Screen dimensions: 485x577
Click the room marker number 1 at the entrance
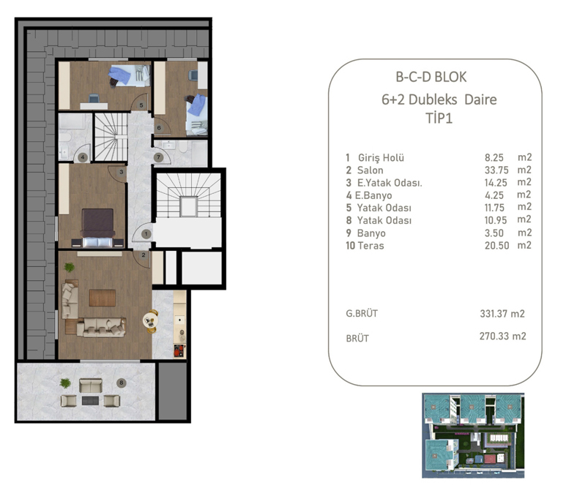146,233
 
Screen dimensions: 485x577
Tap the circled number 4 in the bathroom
83,157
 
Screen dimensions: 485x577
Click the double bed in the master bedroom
97,228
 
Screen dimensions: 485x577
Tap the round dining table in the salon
150,319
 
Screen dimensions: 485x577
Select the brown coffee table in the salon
102,298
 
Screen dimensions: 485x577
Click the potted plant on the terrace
66,383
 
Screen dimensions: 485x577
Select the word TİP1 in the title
435,117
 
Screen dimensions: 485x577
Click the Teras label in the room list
371,246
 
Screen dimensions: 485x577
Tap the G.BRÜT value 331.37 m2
497,314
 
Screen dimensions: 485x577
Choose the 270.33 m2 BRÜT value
497,337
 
